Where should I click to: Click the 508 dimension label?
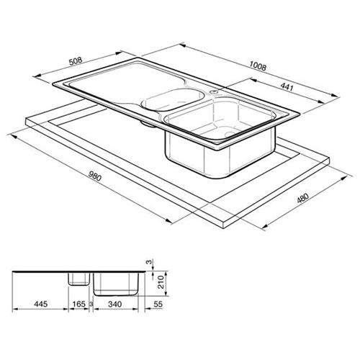76,60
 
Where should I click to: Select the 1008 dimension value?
258,66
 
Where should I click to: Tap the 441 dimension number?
287,86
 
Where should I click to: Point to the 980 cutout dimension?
95,176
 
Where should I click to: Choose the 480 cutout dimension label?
302,197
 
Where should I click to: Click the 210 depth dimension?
161,282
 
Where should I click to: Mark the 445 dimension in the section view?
41,304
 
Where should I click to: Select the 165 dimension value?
78,304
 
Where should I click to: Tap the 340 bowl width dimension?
115,304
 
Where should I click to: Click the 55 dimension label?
158,304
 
